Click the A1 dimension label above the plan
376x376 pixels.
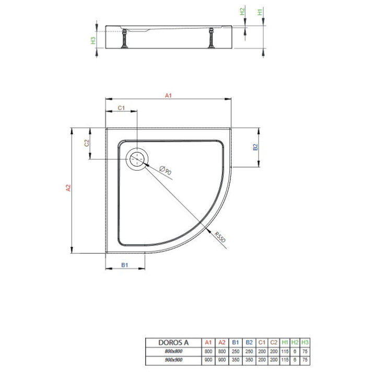point(168,95)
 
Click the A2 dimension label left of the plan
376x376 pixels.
point(67,189)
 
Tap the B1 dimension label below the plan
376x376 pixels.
point(125,265)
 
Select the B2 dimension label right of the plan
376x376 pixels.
point(255,147)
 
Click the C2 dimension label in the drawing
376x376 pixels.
point(87,143)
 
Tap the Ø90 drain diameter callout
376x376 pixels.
point(162,170)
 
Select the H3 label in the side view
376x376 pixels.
point(93,39)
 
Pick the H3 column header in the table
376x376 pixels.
point(305,343)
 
